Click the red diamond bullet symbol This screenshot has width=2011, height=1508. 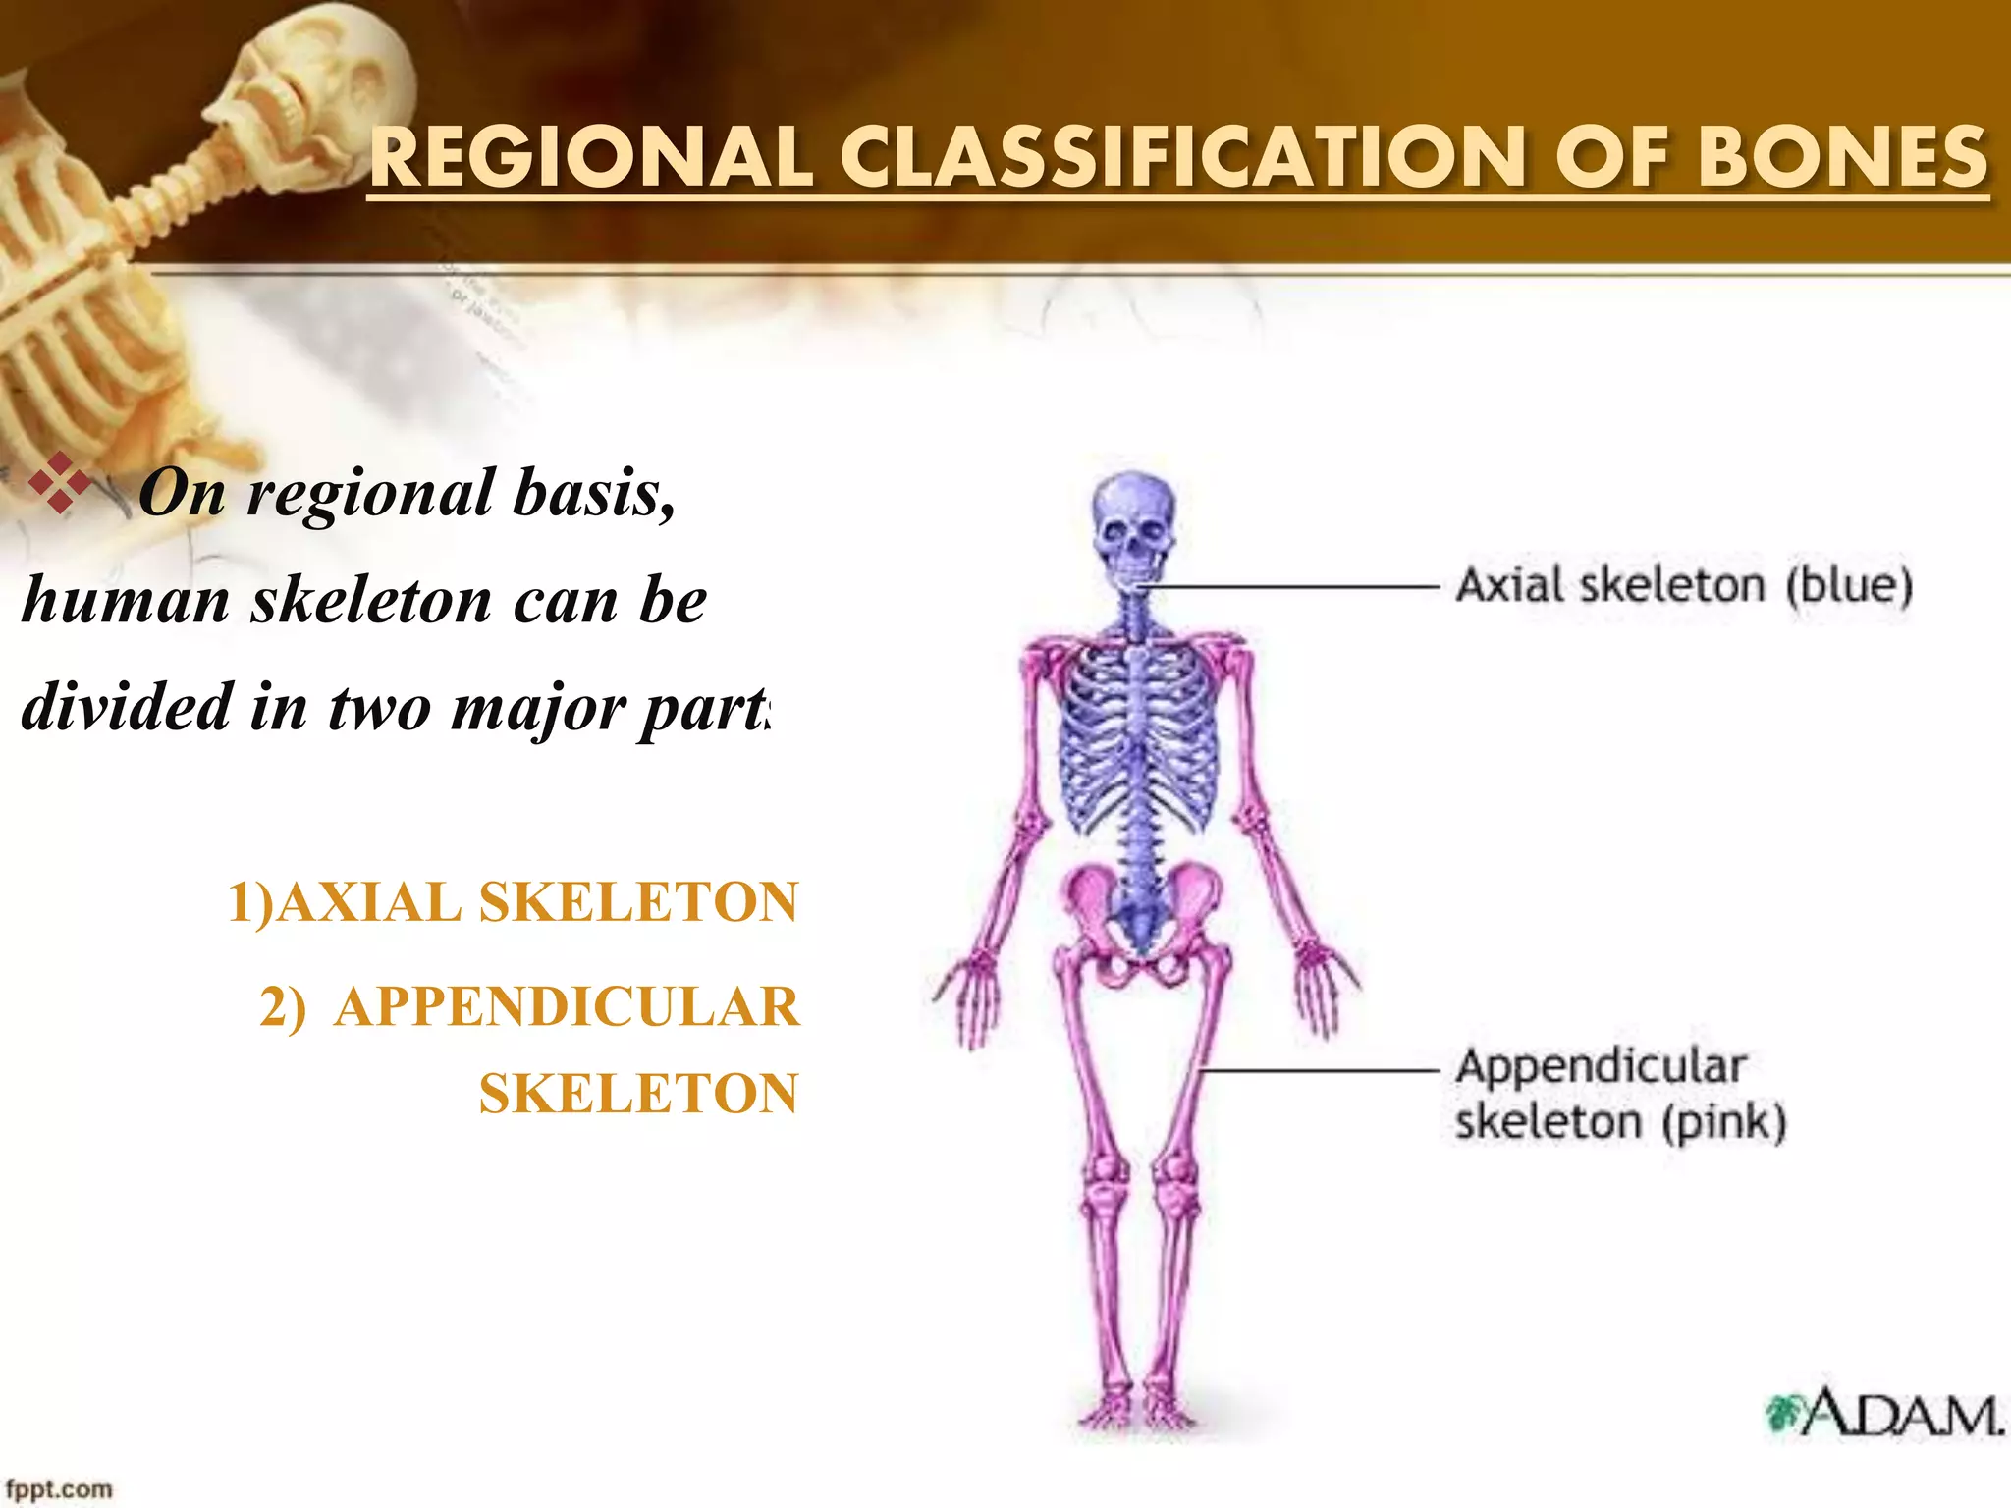tap(60, 483)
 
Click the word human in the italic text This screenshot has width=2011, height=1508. tap(126, 600)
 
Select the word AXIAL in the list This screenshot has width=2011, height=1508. tap(369, 902)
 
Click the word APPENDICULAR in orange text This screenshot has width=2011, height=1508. tap(567, 1007)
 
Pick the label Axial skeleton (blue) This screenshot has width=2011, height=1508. tap(1683, 586)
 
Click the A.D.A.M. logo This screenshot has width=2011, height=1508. tap(1883, 1414)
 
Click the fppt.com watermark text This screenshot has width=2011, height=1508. tap(59, 1489)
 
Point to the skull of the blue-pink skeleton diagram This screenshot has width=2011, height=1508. tap(1133, 525)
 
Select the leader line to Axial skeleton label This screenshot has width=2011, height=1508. tap(1296, 587)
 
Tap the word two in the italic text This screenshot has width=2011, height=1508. tap(378, 708)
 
